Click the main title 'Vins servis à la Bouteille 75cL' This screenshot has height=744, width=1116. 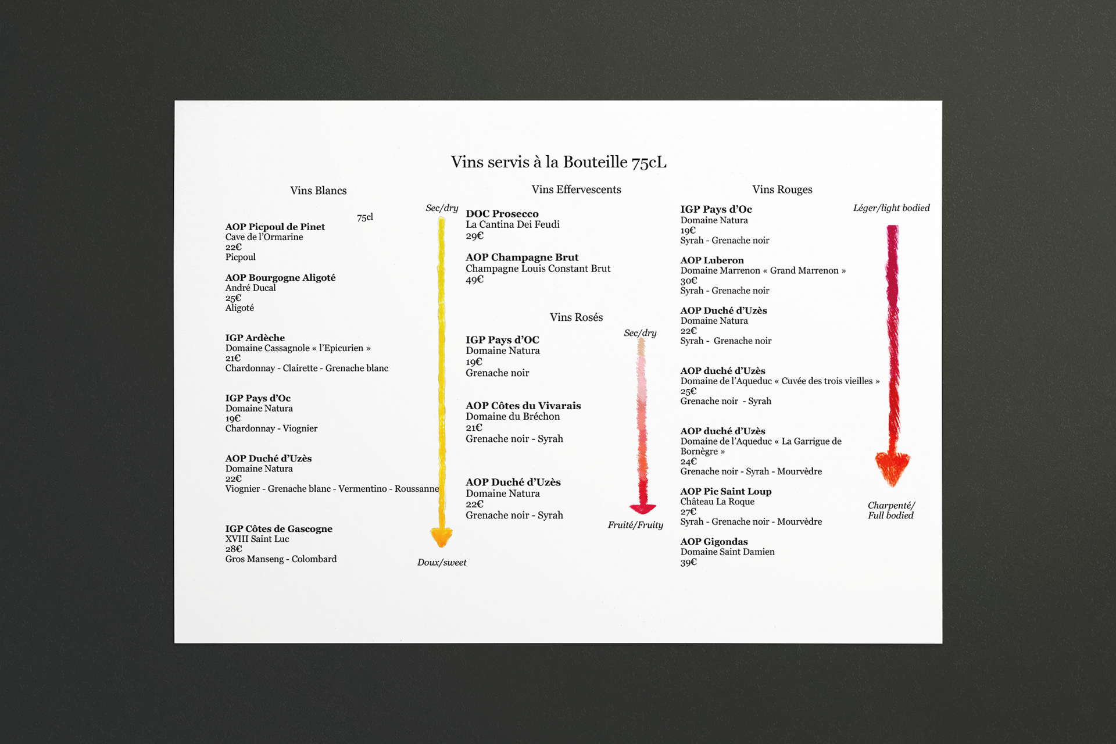pos(559,162)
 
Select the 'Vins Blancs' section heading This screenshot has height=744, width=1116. pos(318,191)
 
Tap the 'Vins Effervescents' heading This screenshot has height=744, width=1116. pos(576,189)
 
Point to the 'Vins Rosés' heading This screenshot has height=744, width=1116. pos(576,317)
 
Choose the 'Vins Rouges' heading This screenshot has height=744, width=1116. pos(782,189)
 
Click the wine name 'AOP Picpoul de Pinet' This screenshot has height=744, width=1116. pos(275,227)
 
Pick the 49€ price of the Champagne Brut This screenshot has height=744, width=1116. pos(474,280)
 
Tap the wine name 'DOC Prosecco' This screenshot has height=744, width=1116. pos(502,214)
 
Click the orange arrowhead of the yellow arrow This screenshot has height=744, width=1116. pos(441,536)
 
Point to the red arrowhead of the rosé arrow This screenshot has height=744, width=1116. pos(642,508)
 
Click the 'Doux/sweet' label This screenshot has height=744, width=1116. pos(442,563)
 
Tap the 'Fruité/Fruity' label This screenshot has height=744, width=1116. pos(635,525)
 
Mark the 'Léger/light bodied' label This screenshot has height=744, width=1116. pos(891,208)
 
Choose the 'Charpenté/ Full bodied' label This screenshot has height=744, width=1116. pos(890,510)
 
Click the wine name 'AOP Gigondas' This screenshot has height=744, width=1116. pos(714,542)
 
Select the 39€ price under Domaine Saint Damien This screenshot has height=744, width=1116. pos(688,562)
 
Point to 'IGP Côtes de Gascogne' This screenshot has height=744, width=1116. pos(279,529)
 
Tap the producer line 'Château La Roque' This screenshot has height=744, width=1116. pos(717,502)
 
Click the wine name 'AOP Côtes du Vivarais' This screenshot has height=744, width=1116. pos(523,406)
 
